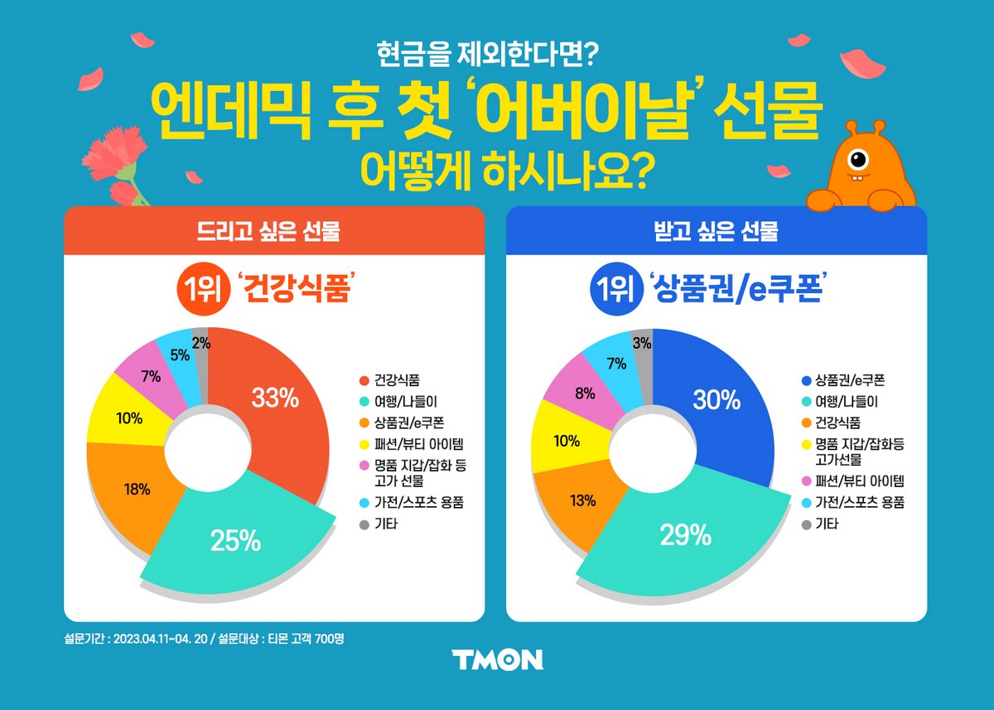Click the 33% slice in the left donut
pos(275,398)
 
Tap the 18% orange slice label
pos(137,489)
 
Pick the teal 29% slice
pos(686,536)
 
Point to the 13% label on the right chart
pos(583,500)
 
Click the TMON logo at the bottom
pos(497,659)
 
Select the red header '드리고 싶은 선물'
pos(274,231)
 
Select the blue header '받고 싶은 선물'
pos(717,231)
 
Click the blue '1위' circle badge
pos(610,291)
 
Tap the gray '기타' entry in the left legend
pos(384,524)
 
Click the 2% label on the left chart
pos(200,342)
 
